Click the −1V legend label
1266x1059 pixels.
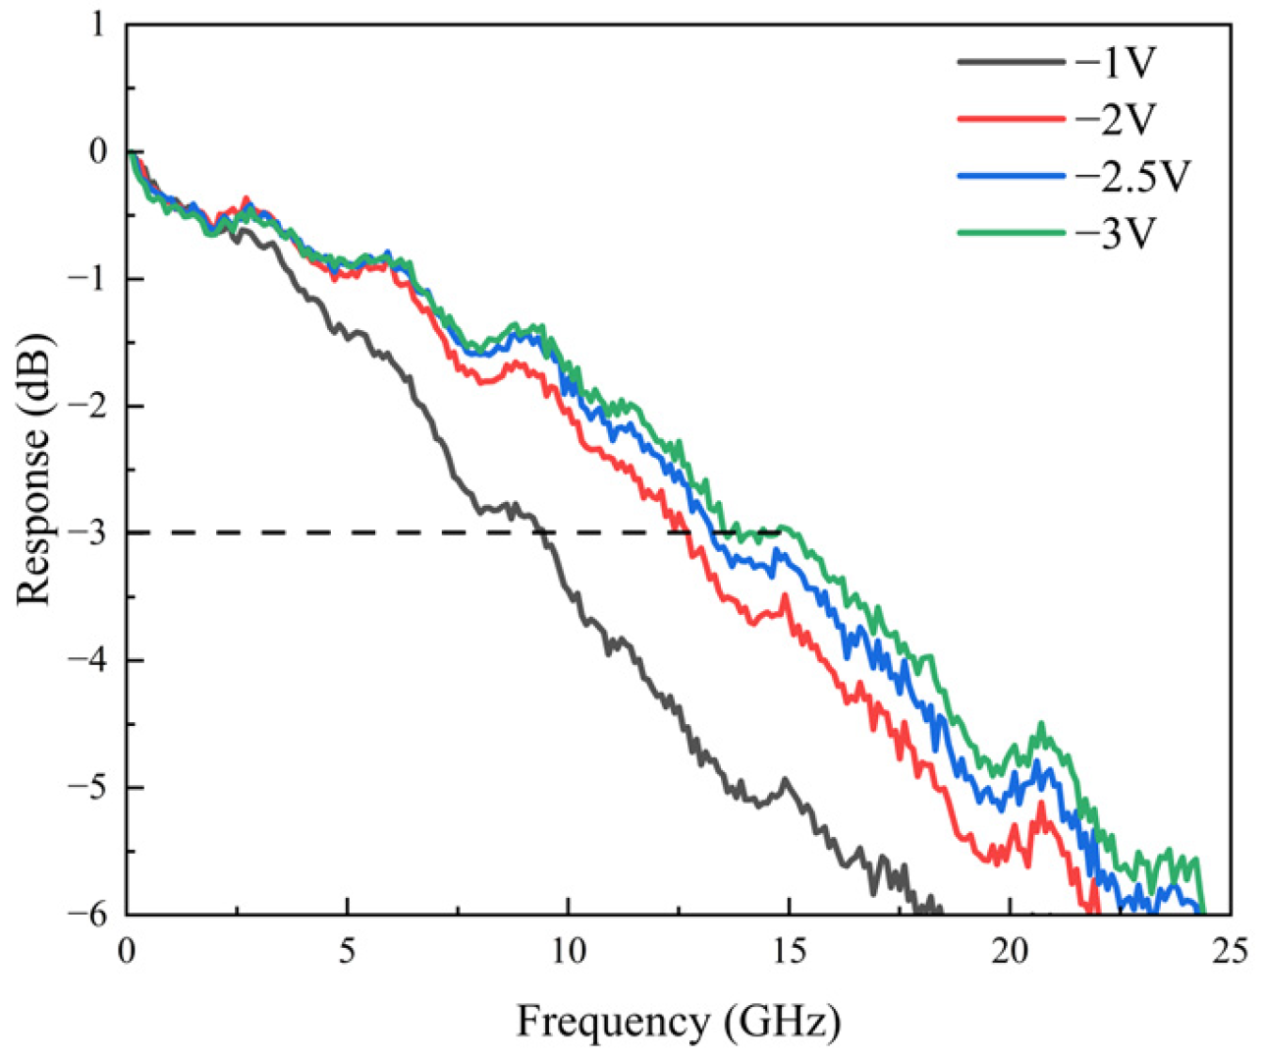pyautogui.click(x=1117, y=63)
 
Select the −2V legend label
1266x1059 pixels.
pyautogui.click(x=1117, y=120)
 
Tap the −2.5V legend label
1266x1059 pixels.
pyautogui.click(x=1132, y=177)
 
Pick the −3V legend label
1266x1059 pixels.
pyautogui.click(x=1117, y=234)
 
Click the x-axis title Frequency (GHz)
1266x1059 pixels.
pyautogui.click(x=679, y=1022)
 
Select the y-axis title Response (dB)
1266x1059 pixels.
pyautogui.click(x=33, y=469)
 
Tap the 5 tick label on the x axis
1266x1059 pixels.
pyautogui.click(x=347, y=952)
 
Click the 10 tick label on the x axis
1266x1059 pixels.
pyautogui.click(x=568, y=952)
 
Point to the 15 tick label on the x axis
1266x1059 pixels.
pyautogui.click(x=789, y=952)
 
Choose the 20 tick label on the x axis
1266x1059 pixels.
pyautogui.click(x=1010, y=952)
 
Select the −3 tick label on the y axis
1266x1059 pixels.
pyautogui.click(x=86, y=533)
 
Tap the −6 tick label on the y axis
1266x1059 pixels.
pyautogui.click(x=86, y=914)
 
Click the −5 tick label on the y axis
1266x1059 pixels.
pyautogui.click(x=86, y=787)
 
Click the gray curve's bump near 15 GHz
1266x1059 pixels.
pyautogui.click(x=785, y=780)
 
